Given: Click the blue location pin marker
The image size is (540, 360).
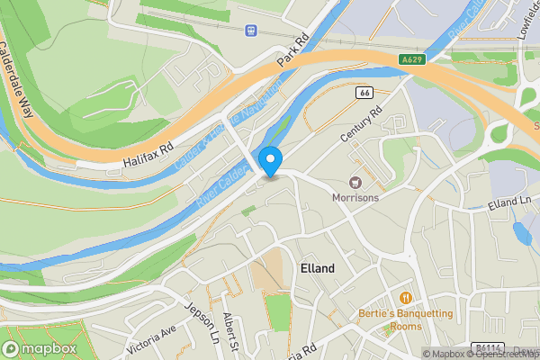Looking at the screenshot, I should pyautogui.click(x=271, y=161).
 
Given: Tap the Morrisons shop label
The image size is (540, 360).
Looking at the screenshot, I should pyautogui.click(x=355, y=197).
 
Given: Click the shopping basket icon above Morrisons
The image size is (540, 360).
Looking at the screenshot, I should pyautogui.click(x=355, y=182).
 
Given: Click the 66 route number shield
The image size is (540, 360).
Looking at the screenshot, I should pyautogui.click(x=364, y=93).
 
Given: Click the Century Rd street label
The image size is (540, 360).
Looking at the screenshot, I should pyautogui.click(x=362, y=124).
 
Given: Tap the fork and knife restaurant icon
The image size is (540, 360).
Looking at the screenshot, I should pyautogui.click(x=406, y=297).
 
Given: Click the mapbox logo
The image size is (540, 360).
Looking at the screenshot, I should pyautogui.click(x=40, y=348).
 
